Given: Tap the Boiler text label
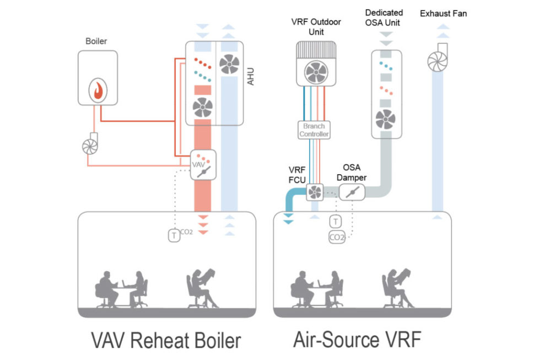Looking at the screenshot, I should click(x=97, y=41).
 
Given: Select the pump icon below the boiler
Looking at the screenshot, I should click(x=90, y=144).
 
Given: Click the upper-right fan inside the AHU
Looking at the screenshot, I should click(x=230, y=64).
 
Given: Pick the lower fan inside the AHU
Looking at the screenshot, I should click(x=203, y=108).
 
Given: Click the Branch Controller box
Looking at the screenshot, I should click(x=314, y=130).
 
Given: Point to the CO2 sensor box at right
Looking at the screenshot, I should click(x=337, y=238).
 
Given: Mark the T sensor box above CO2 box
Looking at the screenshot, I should click(x=336, y=222).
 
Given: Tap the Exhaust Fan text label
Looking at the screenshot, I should click(x=444, y=13).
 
